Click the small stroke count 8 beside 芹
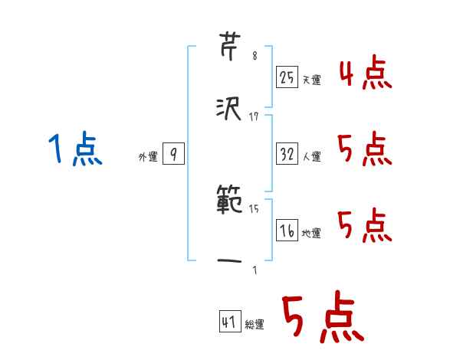click(x=255, y=56)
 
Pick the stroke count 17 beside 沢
click(x=254, y=116)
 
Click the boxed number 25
click(x=287, y=77)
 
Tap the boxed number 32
click(x=287, y=154)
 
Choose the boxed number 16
click(x=287, y=230)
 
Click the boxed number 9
click(x=173, y=155)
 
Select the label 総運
click(x=255, y=325)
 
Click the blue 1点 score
click(x=74, y=149)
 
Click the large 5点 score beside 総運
click(x=323, y=318)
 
